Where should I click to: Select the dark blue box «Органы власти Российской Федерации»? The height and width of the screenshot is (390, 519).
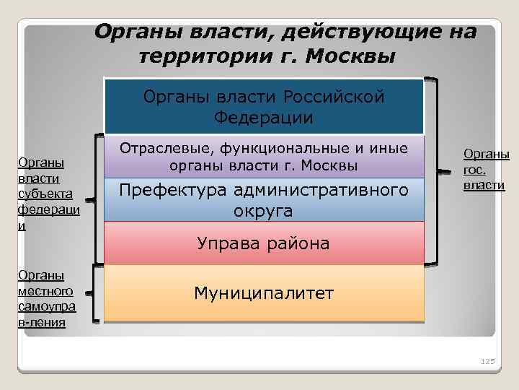[x=264, y=106]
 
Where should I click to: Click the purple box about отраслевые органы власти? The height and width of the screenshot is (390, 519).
[x=264, y=157]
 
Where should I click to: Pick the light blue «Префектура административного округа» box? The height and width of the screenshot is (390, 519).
[x=264, y=200]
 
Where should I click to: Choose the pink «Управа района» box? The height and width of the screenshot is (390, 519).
[x=264, y=243]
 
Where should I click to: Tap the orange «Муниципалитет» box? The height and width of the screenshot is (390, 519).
[x=264, y=292]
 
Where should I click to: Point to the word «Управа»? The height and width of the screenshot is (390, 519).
[x=225, y=243]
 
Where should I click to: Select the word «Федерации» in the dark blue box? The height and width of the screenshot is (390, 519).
[x=264, y=118]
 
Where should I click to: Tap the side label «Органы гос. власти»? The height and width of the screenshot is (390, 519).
[x=485, y=170]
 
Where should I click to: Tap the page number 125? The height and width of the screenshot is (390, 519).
[x=487, y=360]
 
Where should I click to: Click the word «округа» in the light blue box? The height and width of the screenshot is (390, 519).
[x=264, y=211]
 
